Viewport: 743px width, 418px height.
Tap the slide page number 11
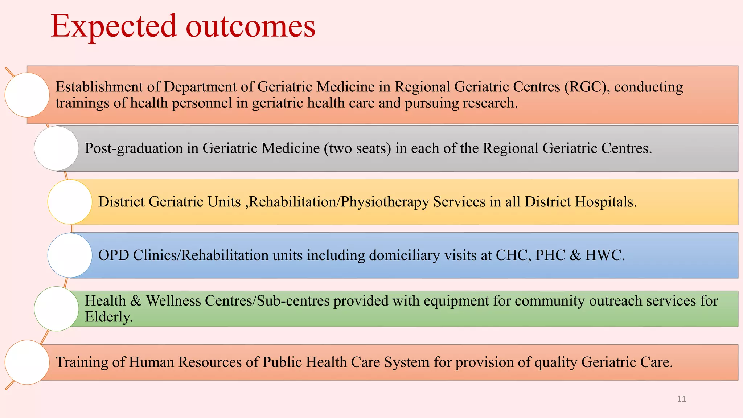coord(681,399)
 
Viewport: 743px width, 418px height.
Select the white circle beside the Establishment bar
coord(27,95)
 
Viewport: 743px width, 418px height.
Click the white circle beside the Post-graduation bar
coord(56,148)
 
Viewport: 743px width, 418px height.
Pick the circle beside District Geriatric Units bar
coord(70,202)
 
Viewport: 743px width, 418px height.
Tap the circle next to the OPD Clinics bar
coord(70,255)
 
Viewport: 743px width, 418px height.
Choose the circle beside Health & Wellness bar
coord(56,309)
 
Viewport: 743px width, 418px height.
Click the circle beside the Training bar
coord(27,362)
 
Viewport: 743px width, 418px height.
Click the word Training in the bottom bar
coord(82,362)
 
